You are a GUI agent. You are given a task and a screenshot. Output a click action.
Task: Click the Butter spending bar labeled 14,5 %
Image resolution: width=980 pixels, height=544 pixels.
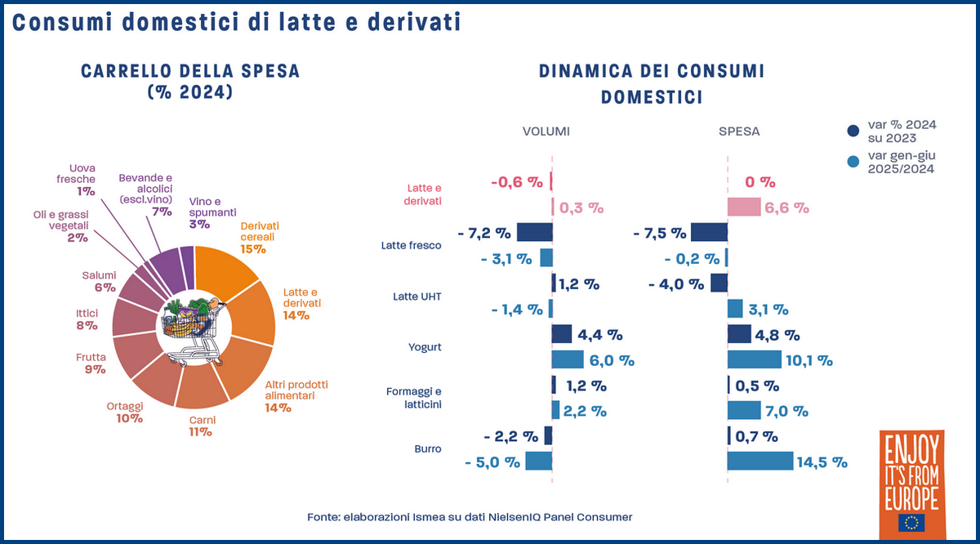tap(759, 462)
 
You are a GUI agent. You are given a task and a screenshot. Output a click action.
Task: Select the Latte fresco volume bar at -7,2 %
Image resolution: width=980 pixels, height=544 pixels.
tap(535, 233)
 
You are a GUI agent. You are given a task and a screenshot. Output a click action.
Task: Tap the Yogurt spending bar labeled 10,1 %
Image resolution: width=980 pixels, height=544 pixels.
tap(754, 359)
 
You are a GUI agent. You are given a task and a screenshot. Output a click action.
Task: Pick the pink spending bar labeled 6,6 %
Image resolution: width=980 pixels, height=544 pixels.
tap(744, 207)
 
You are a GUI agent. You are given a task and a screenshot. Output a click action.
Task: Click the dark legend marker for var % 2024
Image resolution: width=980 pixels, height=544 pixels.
tap(853, 130)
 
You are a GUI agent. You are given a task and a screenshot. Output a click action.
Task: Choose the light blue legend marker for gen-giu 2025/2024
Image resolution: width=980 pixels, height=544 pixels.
tap(853, 162)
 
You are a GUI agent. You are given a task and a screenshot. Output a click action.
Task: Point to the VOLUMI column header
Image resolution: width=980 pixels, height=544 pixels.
tap(546, 131)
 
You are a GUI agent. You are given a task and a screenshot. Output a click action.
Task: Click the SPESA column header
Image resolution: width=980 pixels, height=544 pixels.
tap(740, 131)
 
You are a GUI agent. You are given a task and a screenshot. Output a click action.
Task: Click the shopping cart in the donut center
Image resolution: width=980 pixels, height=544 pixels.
tap(194, 331)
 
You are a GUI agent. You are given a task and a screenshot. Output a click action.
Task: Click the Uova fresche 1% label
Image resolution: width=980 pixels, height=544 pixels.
tap(82, 179)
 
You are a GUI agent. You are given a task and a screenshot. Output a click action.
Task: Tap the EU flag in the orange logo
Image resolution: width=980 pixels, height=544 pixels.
tap(911, 523)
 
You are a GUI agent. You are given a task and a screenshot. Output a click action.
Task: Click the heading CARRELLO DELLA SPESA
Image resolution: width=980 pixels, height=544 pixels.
tap(190, 72)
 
